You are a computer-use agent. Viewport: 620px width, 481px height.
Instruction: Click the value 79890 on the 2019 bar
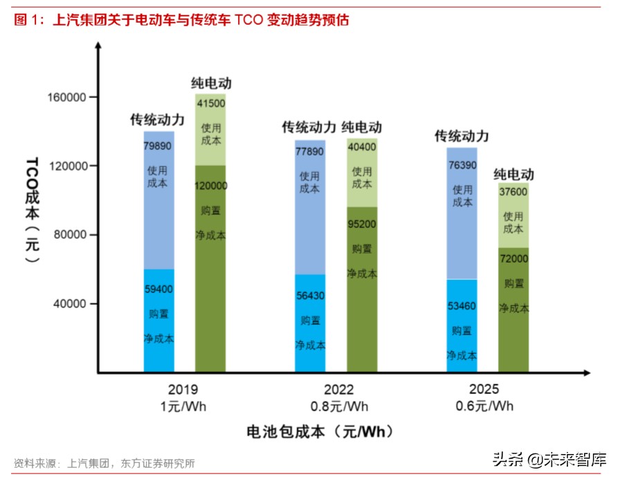point(158,146)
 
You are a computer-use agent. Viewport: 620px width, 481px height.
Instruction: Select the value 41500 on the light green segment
point(211,103)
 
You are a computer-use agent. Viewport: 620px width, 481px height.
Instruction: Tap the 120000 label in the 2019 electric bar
point(211,186)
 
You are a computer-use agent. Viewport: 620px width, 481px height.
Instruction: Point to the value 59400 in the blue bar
point(158,290)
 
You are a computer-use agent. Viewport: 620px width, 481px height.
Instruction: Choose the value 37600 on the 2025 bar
point(513,194)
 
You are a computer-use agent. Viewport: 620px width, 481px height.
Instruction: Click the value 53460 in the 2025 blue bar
point(462,305)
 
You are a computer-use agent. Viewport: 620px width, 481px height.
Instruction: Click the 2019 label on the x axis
point(183,390)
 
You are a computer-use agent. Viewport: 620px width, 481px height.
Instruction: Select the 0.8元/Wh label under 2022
point(338,406)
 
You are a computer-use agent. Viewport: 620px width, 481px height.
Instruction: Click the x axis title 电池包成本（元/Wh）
point(320,432)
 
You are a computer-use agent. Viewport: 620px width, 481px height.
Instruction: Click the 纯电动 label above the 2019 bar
point(211,84)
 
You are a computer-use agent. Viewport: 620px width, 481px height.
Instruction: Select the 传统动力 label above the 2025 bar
point(462,135)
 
